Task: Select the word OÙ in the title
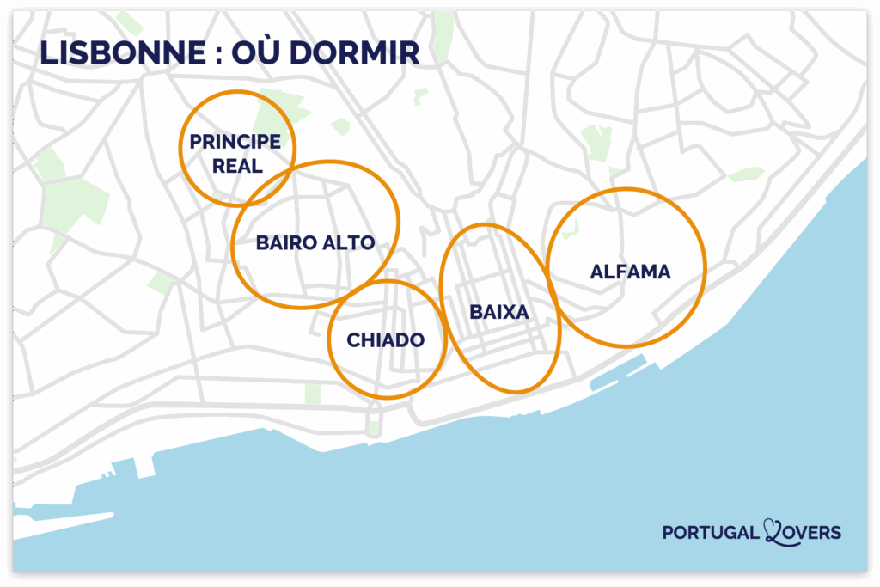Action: coord(262,52)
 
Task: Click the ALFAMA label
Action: coord(630,272)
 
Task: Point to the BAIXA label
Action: coord(498,313)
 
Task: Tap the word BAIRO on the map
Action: coord(284,243)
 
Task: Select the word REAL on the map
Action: coord(237,166)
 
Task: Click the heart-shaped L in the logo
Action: coord(773,532)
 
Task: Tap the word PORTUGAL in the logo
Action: coord(711,534)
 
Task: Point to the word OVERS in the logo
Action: coord(813,534)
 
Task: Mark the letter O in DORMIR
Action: coord(326,52)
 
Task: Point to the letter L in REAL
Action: coord(258,166)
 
